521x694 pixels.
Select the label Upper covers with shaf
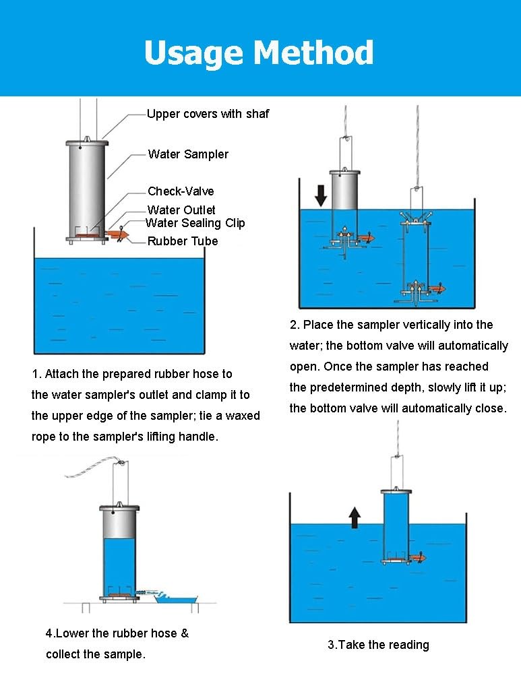208,114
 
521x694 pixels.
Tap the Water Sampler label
188,154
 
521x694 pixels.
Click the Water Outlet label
181,210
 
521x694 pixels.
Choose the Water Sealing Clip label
195,223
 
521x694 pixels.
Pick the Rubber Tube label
183,241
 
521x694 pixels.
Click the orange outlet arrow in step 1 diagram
117,234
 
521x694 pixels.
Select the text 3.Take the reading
378,645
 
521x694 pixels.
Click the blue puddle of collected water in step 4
174,598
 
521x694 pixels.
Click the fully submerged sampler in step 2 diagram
416,256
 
